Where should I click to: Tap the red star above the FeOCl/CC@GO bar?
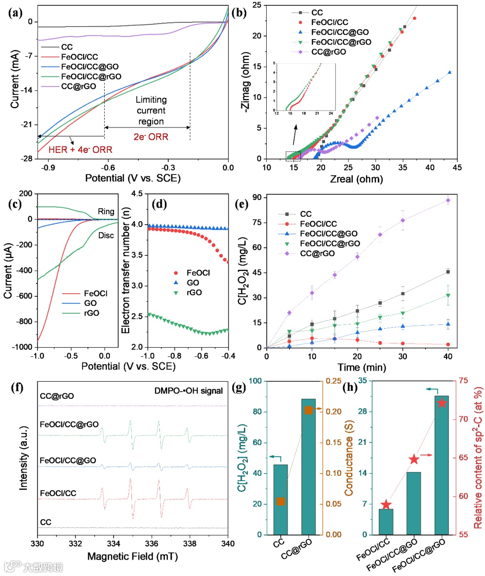click(414, 459)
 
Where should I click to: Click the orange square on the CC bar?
click(281, 501)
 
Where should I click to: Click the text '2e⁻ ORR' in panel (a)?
click(151, 137)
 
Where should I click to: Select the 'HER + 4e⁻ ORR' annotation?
click(80, 149)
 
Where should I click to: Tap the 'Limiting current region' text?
click(151, 111)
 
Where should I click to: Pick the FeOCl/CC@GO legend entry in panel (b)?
click(339, 32)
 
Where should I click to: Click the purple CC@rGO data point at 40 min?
click(448, 201)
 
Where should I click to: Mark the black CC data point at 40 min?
click(448, 272)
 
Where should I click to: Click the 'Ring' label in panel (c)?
click(106, 211)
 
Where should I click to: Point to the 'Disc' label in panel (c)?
click(106, 236)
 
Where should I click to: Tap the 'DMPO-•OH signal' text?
click(189, 391)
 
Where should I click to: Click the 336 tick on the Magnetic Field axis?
click(152, 543)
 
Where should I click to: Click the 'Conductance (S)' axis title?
click(349, 458)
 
